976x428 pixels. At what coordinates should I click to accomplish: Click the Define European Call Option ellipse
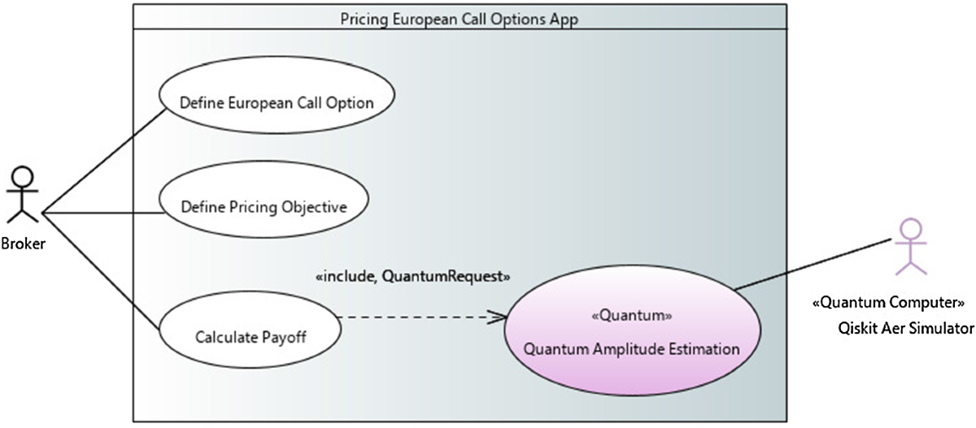coord(276,102)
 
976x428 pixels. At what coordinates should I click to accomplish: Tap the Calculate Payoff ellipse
coord(251,336)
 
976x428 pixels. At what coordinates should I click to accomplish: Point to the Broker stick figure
coord(24,195)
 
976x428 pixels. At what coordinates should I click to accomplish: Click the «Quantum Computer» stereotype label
coord(888,303)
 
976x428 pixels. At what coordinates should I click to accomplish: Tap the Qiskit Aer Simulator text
coord(904,328)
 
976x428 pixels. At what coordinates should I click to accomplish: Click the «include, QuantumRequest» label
coord(412,277)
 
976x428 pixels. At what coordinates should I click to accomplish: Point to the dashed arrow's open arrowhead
coord(497,318)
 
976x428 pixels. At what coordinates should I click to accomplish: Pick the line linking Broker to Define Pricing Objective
coord(102,214)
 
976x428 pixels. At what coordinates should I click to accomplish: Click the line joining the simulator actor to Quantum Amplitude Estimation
coord(813,262)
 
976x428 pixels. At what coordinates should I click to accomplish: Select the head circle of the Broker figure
coord(24,176)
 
